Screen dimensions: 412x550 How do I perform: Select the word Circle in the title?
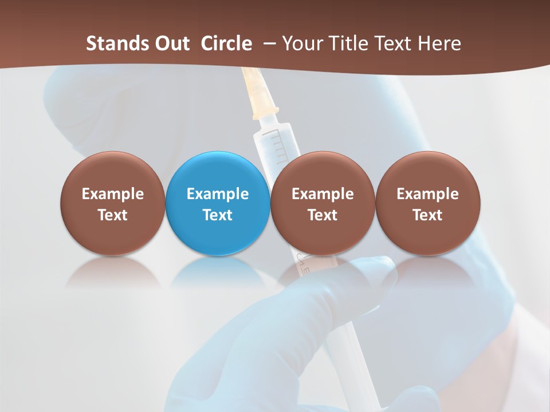tap(226, 43)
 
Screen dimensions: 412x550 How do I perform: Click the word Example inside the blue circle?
tap(218, 194)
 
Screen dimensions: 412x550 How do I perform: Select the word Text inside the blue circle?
tap(218, 215)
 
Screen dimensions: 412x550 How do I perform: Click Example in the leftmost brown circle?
tap(112, 194)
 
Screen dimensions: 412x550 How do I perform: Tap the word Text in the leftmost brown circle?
tap(112, 215)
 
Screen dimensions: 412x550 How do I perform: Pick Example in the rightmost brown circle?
tap(427, 194)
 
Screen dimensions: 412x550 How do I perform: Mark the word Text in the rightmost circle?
tap(427, 215)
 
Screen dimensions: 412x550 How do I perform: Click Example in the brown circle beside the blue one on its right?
tap(323, 194)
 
